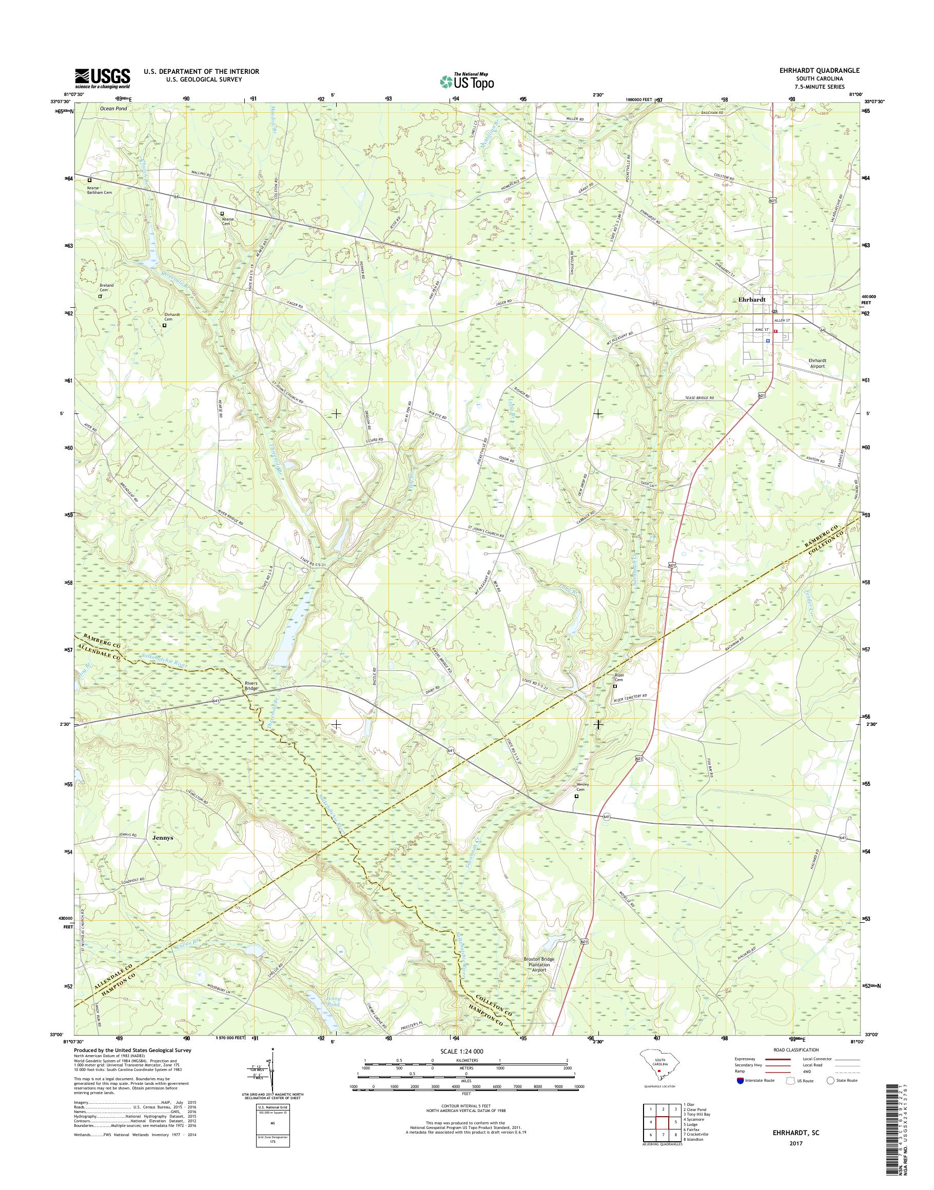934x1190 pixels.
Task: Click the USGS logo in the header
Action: click(x=103, y=78)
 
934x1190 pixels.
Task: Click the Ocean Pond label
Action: click(x=113, y=109)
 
